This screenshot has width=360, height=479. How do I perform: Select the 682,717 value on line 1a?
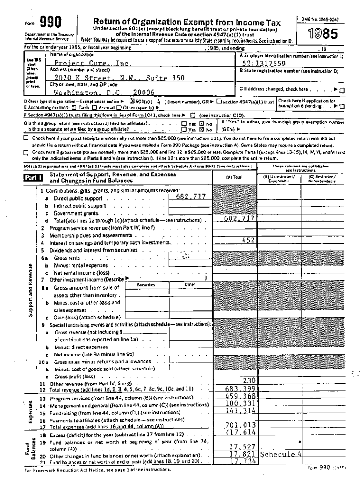[x=190, y=197]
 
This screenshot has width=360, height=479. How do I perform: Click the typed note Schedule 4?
[x=281, y=454]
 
